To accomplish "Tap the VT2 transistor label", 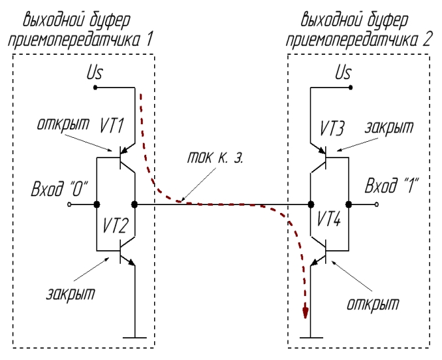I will [x=116, y=225].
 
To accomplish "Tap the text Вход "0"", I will [x=60, y=190].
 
